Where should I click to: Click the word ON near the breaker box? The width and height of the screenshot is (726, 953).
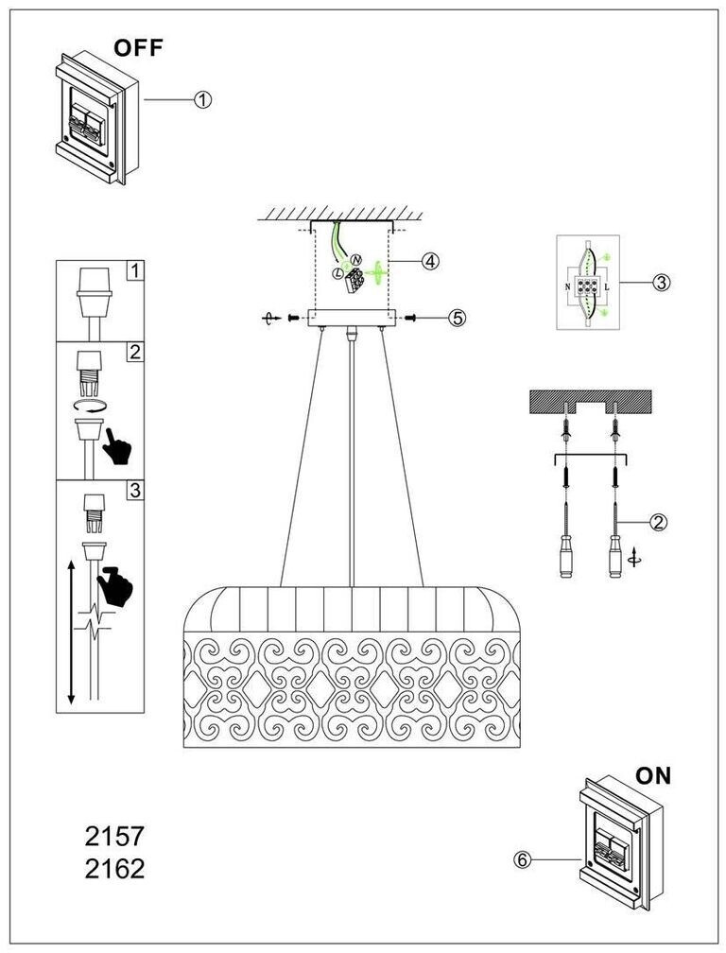pyautogui.click(x=652, y=776)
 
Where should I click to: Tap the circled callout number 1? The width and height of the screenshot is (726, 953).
pyautogui.click(x=202, y=99)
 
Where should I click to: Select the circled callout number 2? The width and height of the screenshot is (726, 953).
pyautogui.click(x=658, y=521)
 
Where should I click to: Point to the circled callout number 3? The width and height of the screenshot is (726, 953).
pyautogui.click(x=661, y=282)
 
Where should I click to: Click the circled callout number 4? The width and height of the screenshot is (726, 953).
pyautogui.click(x=430, y=262)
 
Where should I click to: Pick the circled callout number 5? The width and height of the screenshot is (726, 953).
pyautogui.click(x=458, y=318)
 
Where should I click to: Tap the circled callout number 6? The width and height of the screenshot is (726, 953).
pyautogui.click(x=521, y=859)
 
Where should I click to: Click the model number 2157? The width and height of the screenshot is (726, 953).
pyautogui.click(x=114, y=837)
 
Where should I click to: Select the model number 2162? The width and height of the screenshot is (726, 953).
pyautogui.click(x=114, y=869)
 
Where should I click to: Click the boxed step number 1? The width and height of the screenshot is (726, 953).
pyautogui.click(x=135, y=270)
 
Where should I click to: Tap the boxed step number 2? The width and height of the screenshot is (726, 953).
pyautogui.click(x=135, y=352)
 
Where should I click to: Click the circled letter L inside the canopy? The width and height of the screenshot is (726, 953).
pyautogui.click(x=337, y=272)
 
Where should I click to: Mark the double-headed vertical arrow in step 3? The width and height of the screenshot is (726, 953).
pyautogui.click(x=71, y=633)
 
